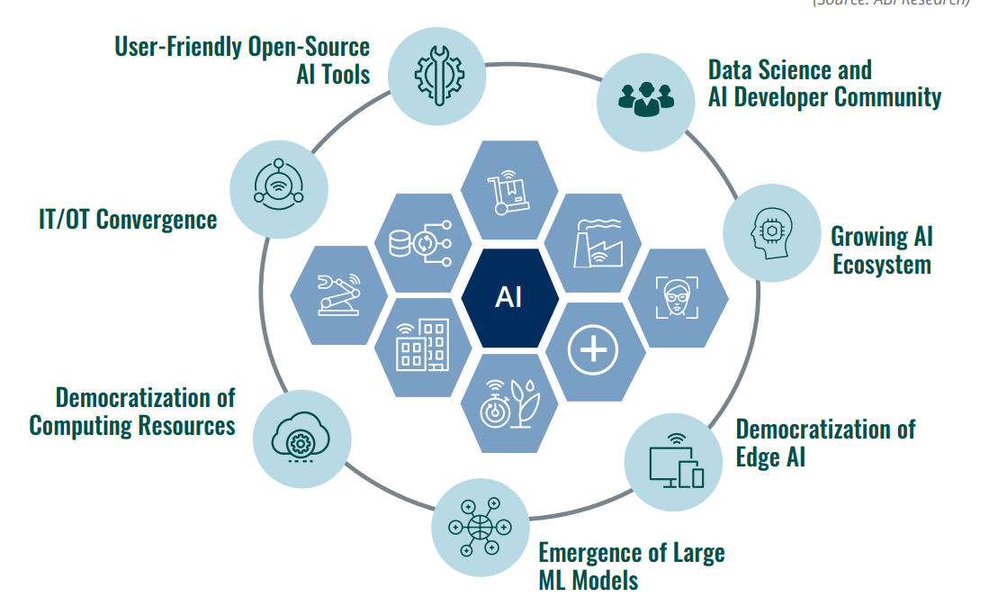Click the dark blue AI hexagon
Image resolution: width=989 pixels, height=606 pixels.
508,296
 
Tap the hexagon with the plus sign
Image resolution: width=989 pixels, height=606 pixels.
593,350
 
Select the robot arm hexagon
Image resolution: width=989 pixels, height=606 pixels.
339,295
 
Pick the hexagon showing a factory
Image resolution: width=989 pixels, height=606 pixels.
593,242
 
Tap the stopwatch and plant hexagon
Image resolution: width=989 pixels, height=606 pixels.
508,403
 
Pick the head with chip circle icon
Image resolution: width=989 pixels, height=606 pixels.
771,235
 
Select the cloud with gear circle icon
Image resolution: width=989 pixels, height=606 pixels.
301,439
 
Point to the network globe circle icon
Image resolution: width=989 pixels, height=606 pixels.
479,527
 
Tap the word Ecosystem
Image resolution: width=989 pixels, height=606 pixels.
881,265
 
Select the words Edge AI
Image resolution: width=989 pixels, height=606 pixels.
770,457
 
